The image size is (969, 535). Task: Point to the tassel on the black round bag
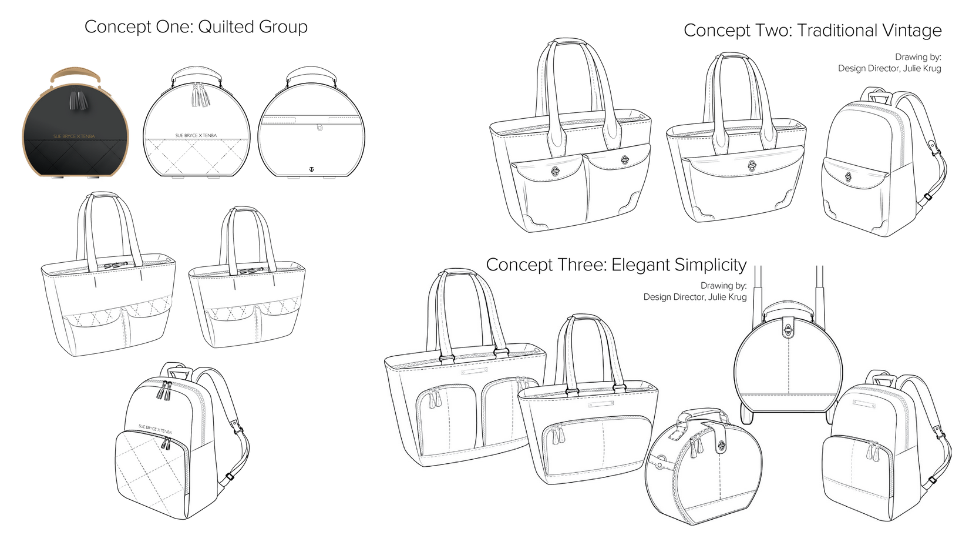point(75,101)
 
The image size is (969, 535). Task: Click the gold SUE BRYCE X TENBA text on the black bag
point(74,136)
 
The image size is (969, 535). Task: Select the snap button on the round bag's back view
point(319,127)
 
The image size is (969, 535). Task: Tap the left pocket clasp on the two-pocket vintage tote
point(555,170)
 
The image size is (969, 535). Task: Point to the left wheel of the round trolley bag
point(746,417)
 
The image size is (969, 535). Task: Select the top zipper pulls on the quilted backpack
point(163,389)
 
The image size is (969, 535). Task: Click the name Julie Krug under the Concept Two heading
point(921,69)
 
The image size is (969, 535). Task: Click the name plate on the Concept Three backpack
point(864,404)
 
